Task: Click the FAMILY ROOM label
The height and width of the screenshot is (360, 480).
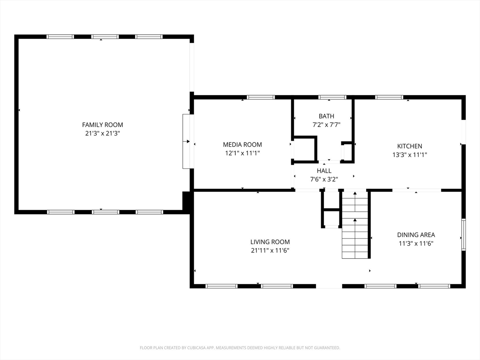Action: point(103,125)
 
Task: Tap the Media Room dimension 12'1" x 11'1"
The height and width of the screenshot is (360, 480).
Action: point(242,153)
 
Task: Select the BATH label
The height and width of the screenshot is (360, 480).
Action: point(326,116)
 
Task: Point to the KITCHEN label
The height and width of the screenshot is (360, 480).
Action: point(410,146)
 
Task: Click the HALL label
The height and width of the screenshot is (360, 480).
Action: point(324,171)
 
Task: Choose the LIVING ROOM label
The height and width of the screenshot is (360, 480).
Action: point(270,242)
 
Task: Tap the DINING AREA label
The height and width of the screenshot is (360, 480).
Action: point(416,235)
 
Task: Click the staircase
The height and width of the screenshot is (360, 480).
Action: point(355,225)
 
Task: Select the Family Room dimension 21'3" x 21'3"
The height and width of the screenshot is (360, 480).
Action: point(103,134)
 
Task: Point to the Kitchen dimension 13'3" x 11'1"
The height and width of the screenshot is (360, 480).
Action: point(410,155)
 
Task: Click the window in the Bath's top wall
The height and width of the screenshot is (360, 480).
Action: point(332,97)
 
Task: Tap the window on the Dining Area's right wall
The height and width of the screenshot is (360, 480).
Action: point(464,234)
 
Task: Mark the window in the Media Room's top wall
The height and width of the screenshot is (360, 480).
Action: point(261,97)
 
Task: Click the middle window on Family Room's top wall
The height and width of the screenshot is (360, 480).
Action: point(105,37)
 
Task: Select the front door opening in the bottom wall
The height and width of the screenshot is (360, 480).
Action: point(329,286)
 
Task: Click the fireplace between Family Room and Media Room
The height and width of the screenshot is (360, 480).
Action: point(186,141)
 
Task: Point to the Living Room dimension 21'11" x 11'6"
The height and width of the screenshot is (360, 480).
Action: point(270,250)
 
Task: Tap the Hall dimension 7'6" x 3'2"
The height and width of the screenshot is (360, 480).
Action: point(324,180)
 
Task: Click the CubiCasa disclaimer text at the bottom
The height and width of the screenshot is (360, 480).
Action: point(240,348)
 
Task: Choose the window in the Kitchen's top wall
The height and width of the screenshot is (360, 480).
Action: point(389,97)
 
